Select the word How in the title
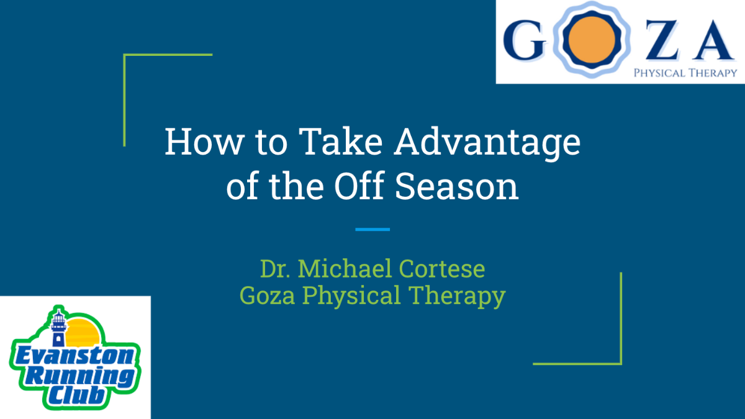pos(204,141)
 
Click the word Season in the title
pos(457,186)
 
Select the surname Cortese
pos(442,268)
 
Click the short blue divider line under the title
pos(372,230)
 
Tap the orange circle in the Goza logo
pos(591,40)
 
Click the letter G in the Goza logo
pos(525,40)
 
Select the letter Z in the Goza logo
pos(662,40)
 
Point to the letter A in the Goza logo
pos(714,40)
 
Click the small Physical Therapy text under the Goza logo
pos(685,73)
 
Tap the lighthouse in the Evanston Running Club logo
pos(58,328)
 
